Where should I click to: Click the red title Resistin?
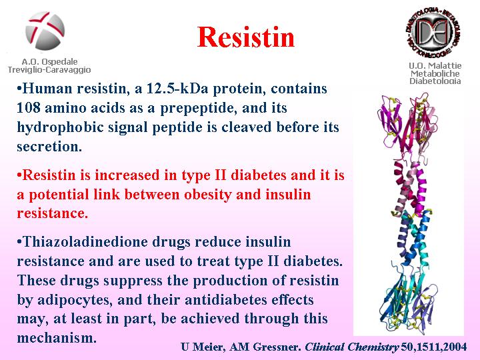(x=246, y=37)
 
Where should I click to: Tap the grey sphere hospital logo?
(x=45, y=31)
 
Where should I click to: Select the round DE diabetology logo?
(x=434, y=32)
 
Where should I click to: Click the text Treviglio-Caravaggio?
(x=49, y=70)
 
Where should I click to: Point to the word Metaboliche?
(x=435, y=73)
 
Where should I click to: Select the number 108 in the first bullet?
(x=29, y=108)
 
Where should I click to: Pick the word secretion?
(x=49, y=147)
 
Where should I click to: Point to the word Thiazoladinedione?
(x=85, y=242)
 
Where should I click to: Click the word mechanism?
(x=57, y=338)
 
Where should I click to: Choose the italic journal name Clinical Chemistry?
(x=352, y=347)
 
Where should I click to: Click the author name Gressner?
(x=277, y=347)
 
